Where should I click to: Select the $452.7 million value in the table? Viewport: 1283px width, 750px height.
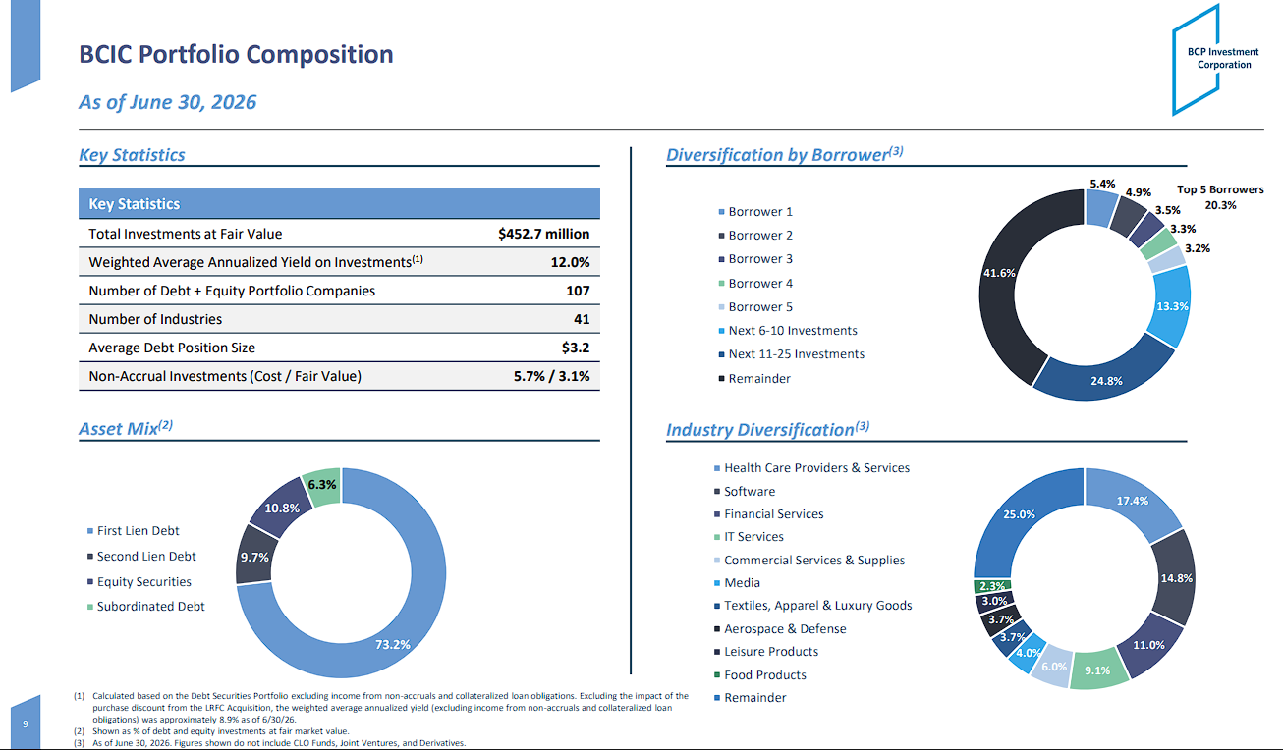[x=543, y=234]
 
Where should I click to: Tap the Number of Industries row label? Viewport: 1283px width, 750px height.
[x=155, y=319]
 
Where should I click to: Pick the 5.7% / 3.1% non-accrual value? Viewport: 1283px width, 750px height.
[x=551, y=376]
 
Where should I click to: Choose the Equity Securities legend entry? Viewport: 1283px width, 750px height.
[x=139, y=582]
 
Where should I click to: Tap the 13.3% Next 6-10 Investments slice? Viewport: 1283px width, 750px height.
[x=1171, y=306]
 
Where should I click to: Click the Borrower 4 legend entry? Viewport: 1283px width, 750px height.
[x=756, y=284]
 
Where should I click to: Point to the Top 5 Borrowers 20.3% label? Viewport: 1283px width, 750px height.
[x=1220, y=197]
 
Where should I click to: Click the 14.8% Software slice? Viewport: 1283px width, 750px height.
[x=1174, y=578]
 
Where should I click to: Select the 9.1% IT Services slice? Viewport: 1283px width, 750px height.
[x=1097, y=669]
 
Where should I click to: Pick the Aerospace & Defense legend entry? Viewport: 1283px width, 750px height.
[x=780, y=628]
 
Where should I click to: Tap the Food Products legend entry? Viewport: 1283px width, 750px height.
[x=760, y=675]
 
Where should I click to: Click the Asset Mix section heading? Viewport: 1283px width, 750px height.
[x=126, y=428]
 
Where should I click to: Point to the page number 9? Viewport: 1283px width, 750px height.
[x=26, y=724]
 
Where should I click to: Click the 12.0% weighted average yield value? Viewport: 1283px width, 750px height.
[x=570, y=262]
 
